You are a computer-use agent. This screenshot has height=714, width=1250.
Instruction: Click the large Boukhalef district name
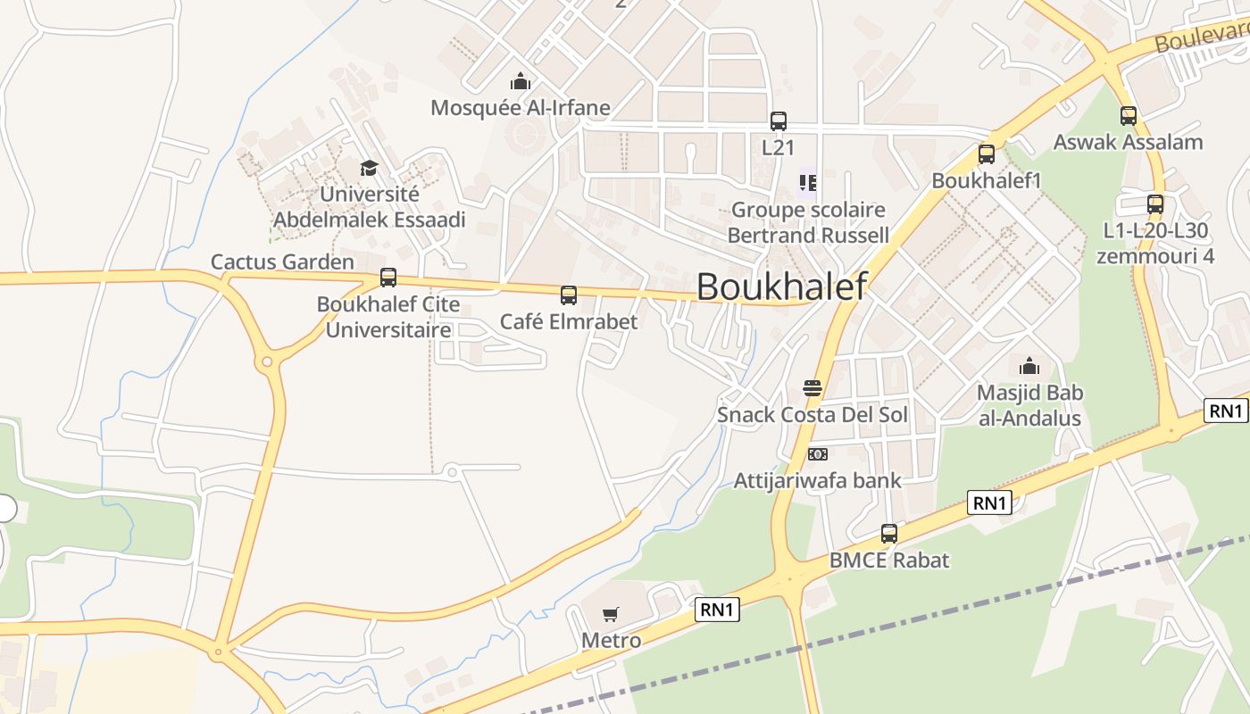[x=781, y=286]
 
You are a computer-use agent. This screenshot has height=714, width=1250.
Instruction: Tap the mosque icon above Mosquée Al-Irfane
[x=521, y=82]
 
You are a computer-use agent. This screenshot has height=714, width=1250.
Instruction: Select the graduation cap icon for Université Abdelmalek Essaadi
[x=369, y=168]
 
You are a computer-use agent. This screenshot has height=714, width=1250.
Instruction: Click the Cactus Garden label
[x=282, y=262]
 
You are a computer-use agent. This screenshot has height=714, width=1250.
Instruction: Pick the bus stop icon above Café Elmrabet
[x=569, y=295]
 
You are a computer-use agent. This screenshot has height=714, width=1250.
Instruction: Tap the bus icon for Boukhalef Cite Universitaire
[x=388, y=278]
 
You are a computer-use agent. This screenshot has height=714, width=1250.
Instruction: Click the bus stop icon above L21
[x=779, y=121]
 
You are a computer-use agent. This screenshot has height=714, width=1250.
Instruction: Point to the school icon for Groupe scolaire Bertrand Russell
[x=808, y=183]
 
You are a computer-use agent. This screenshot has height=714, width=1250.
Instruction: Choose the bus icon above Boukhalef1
[x=987, y=154]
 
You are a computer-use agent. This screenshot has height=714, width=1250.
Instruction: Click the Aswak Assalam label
[x=1128, y=142]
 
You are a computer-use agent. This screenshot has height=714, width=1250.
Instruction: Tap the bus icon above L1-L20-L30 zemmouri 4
[x=1155, y=204]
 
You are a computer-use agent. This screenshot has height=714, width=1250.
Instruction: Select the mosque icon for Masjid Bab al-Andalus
[x=1029, y=366]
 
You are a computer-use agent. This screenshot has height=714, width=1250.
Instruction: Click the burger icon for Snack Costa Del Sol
[x=812, y=388]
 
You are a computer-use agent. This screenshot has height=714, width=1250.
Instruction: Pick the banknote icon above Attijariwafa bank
[x=818, y=454]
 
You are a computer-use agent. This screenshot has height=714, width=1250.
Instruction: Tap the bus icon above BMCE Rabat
[x=889, y=534]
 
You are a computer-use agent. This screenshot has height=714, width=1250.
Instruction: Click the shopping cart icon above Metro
[x=611, y=614]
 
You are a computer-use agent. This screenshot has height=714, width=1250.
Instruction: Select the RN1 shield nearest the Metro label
[x=718, y=610]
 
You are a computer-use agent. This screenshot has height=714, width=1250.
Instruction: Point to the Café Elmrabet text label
[x=569, y=321]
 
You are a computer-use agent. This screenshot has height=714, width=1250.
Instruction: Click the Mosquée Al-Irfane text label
[x=521, y=108]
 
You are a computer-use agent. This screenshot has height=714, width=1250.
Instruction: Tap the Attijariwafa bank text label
[x=818, y=481]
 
